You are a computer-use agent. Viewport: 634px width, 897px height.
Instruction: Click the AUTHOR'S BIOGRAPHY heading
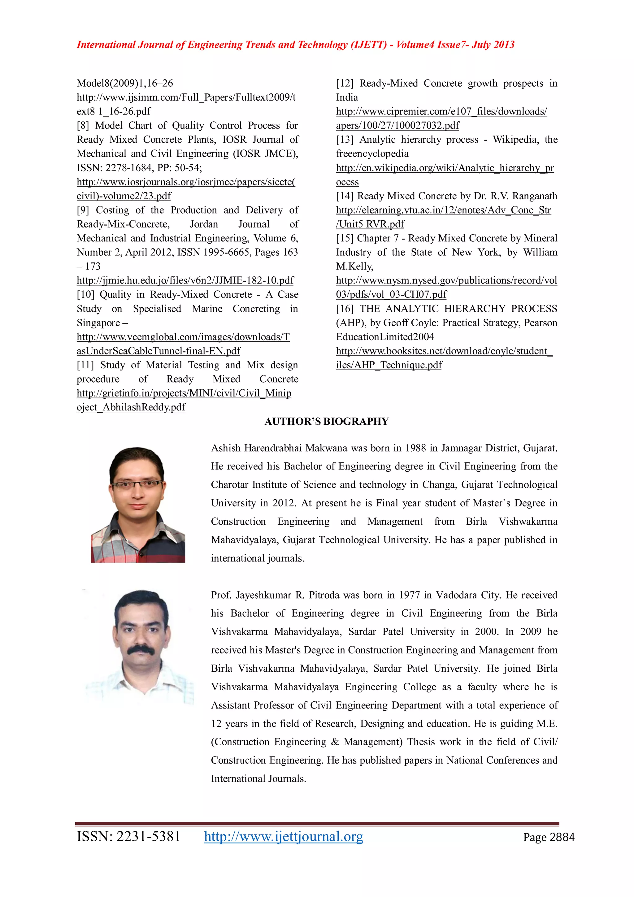tap(327, 421)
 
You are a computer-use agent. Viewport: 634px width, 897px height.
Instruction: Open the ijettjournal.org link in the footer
tap(283, 836)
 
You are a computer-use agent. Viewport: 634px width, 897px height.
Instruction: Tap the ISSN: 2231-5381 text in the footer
tap(128, 836)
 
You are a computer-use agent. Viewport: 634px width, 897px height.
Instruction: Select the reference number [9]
tap(83, 210)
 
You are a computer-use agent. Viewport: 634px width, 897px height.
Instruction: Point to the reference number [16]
tap(345, 309)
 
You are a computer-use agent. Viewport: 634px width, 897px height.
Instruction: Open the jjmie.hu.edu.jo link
tap(185, 280)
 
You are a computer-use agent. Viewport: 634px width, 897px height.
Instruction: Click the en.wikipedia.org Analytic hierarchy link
tap(445, 168)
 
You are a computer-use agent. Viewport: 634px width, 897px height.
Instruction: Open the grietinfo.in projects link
tap(184, 393)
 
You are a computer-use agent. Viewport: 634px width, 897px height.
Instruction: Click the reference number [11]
tap(85, 365)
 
